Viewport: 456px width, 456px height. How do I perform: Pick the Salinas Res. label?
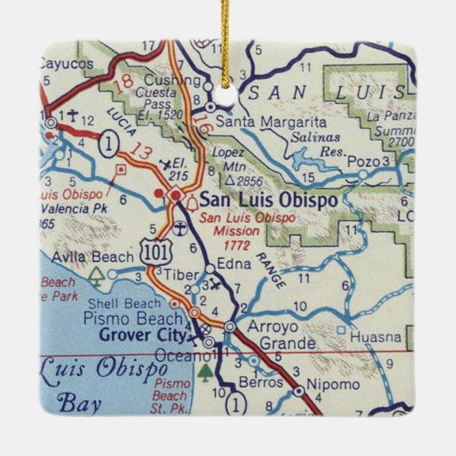coord(317,144)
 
